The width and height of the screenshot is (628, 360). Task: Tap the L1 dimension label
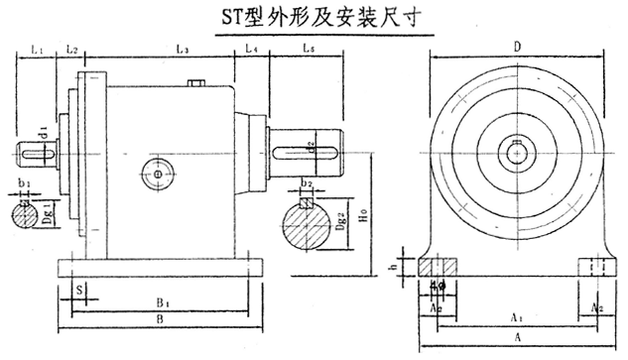pos(37,47)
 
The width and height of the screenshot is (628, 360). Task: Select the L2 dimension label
pos(71,47)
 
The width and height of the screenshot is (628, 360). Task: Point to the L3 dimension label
pos(183,47)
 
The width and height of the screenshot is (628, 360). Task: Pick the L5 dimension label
pos(308,47)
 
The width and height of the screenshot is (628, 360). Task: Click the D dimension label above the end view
pos(518,47)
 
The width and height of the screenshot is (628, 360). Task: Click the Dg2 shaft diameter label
pos(337,224)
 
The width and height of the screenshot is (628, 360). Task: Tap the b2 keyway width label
pos(308,184)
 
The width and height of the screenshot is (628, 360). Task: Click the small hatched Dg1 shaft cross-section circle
pos(31,214)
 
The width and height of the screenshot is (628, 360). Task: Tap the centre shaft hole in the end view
pos(519,151)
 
